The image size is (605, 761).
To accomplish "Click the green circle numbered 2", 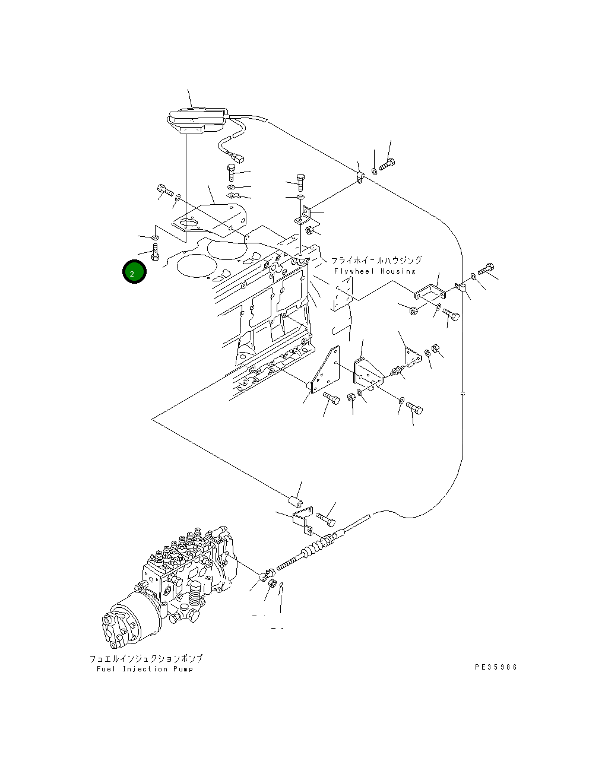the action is pyautogui.click(x=134, y=272).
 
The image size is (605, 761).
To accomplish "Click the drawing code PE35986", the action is pyautogui.click(x=496, y=667).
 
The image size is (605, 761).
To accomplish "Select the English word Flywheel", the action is pyautogui.click(x=354, y=271).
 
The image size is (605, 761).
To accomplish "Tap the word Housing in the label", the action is pyautogui.click(x=398, y=271).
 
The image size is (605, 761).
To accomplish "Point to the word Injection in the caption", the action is pyautogui.click(x=145, y=669).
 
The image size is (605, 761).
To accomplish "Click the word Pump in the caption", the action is pyautogui.click(x=183, y=669).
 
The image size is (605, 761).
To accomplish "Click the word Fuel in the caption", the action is pyautogui.click(x=106, y=669).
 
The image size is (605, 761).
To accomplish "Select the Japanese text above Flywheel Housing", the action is pyautogui.click(x=376, y=260).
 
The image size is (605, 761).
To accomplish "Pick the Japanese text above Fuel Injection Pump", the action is pyautogui.click(x=146, y=658).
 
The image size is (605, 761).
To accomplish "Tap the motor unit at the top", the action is pyautogui.click(x=197, y=121).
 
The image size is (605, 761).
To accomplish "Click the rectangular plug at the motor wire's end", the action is pyautogui.click(x=239, y=158).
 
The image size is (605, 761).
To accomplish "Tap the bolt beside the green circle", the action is pyautogui.click(x=155, y=252).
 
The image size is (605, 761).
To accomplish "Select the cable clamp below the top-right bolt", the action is pyautogui.click(x=360, y=178).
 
